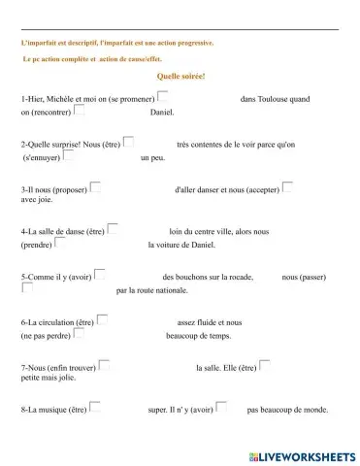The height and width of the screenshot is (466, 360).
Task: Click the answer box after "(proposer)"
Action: coord(95,186)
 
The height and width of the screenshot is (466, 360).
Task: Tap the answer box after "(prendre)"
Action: coord(61,243)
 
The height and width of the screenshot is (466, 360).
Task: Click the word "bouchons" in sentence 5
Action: coord(192,277)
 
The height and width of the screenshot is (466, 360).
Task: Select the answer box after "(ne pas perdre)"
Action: coord(79,333)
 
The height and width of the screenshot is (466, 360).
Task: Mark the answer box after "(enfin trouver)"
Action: coord(105,365)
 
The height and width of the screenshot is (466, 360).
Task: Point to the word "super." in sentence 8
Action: coord(158,410)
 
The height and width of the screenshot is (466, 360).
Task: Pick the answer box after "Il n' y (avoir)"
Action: coord(221,407)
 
